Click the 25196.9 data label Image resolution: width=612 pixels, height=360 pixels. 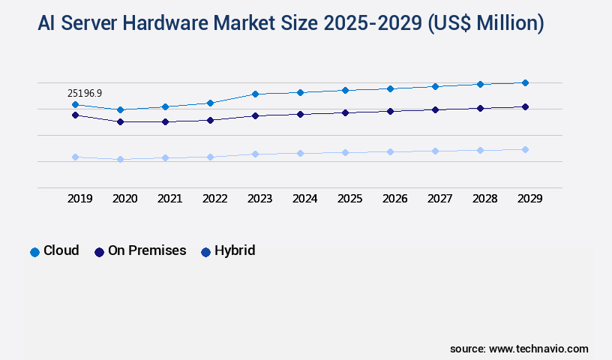click(x=84, y=93)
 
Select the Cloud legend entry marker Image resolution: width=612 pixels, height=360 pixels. click(x=34, y=252)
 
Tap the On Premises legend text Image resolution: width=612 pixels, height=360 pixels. click(x=147, y=250)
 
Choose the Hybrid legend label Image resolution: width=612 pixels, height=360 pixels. click(x=235, y=250)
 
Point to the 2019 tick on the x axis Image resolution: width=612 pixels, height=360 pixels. click(x=79, y=199)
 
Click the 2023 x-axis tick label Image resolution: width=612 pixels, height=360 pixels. click(x=259, y=199)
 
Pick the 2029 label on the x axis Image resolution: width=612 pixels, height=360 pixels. click(x=529, y=199)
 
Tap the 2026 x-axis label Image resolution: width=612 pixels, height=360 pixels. click(x=394, y=199)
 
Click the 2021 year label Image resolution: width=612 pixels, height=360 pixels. click(x=169, y=199)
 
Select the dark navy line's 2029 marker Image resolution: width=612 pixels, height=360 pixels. click(x=525, y=106)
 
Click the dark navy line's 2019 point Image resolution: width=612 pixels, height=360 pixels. click(x=75, y=115)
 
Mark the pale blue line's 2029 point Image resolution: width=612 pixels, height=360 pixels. click(x=525, y=149)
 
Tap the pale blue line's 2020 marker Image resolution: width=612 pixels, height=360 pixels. click(x=120, y=159)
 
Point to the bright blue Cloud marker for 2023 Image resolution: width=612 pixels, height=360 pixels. click(x=255, y=94)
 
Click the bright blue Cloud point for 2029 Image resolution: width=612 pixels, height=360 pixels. click(x=525, y=82)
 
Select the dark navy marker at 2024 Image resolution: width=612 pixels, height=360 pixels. click(x=300, y=114)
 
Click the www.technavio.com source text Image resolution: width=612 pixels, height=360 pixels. click(x=538, y=349)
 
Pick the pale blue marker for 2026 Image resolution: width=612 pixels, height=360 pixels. click(x=390, y=151)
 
